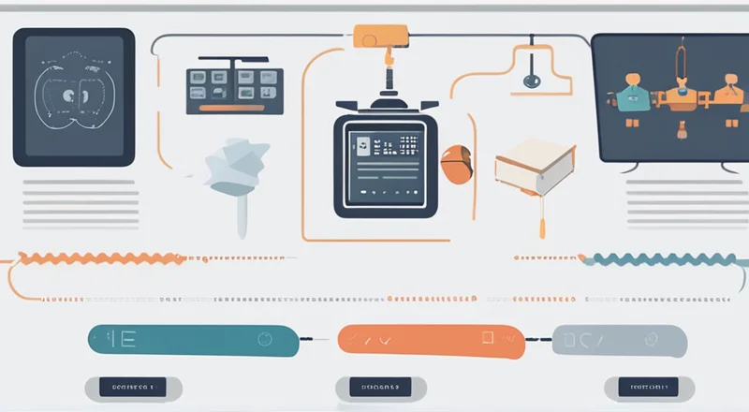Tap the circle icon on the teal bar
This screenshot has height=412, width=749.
pos(265,338)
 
